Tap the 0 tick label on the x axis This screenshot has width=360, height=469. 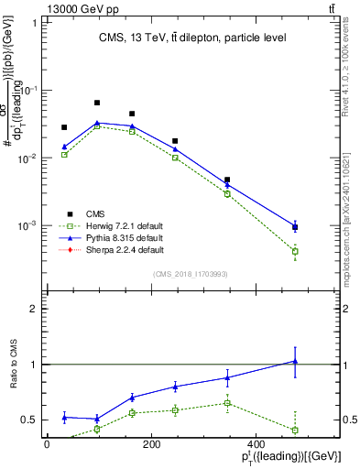tap(47, 445)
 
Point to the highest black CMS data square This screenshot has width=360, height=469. tap(97, 103)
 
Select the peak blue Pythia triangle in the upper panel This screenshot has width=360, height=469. tap(97, 123)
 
